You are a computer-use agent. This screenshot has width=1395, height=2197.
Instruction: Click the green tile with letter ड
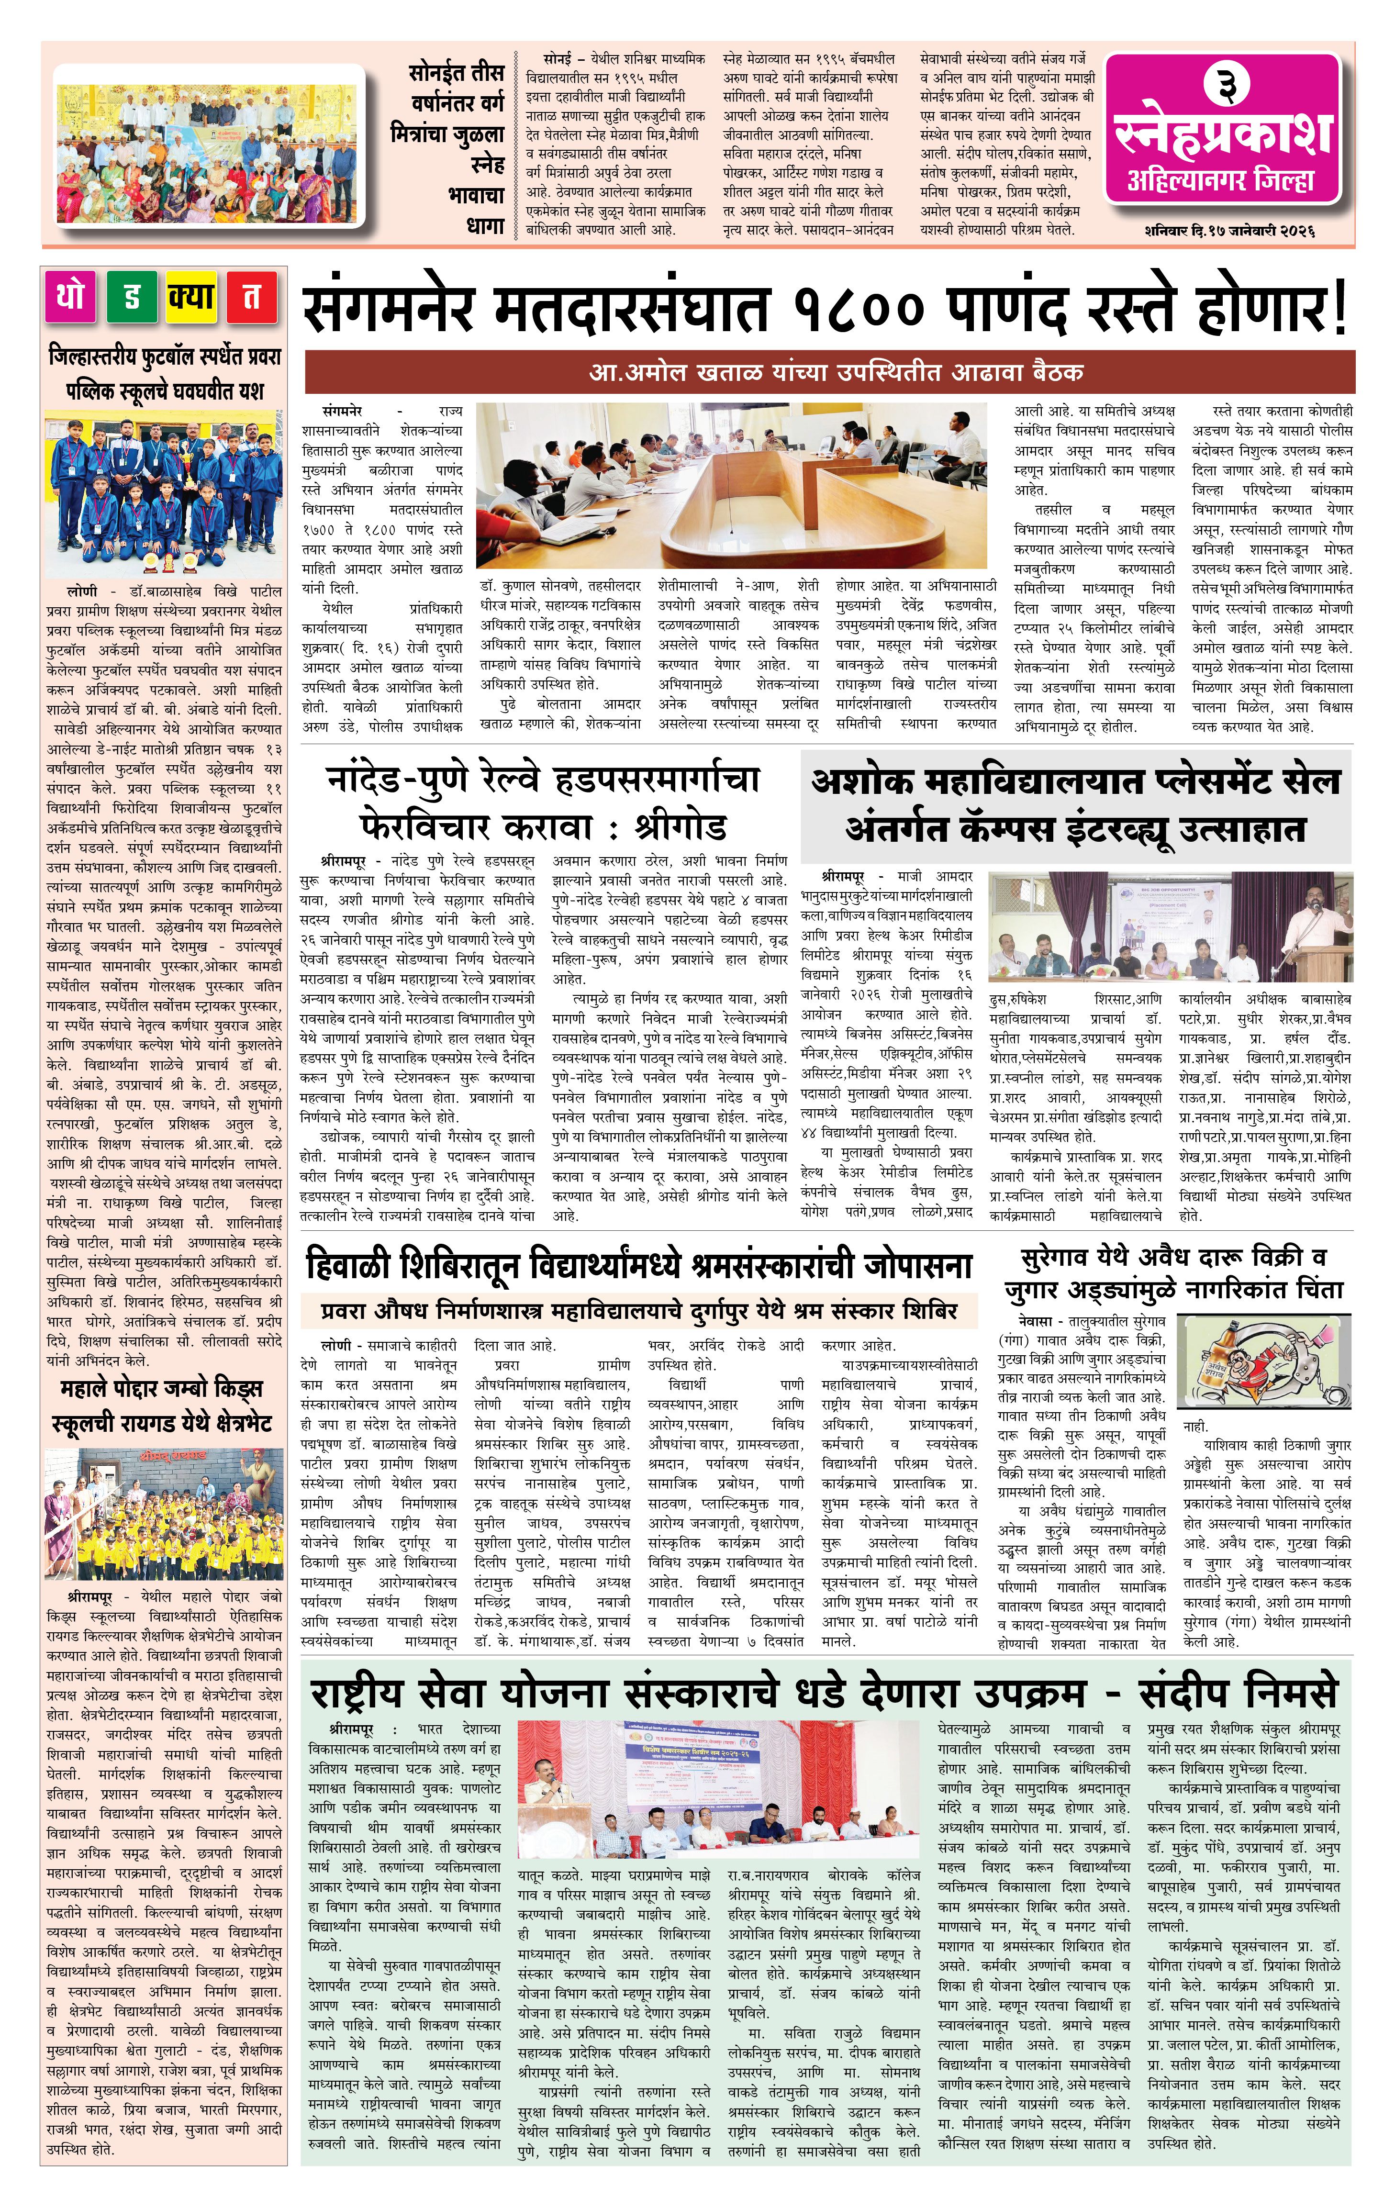pyautogui.click(x=132, y=297)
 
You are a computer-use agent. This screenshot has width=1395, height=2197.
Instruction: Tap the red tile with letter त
pyautogui.click(x=252, y=297)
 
